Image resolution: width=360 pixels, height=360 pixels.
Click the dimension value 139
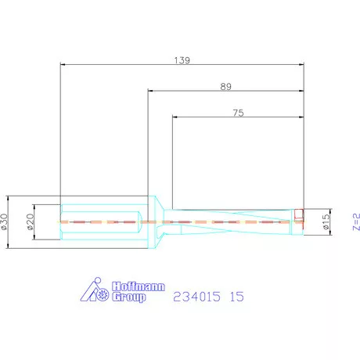click(182, 59)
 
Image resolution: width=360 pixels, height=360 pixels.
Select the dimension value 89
click(226, 86)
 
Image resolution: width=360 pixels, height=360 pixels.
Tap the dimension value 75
click(238, 113)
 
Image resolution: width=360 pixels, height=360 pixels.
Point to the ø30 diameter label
click(5, 221)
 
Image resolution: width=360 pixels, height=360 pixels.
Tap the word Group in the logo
click(125, 297)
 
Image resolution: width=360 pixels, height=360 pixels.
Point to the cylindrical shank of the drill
click(98, 221)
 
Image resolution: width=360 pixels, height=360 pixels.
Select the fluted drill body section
click(235, 221)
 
